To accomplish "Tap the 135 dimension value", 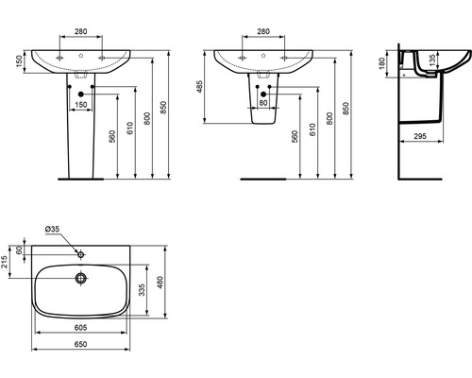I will coord(434,61).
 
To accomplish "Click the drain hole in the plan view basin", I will coord(81,278).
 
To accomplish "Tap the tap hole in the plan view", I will coord(81,253).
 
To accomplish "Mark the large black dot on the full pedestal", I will coord(81,94).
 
